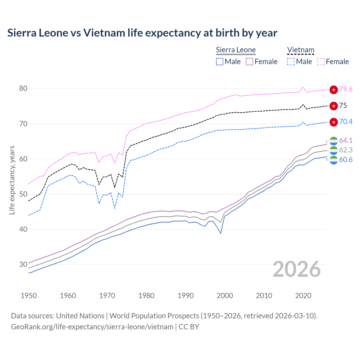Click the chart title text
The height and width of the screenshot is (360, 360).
click(142, 33)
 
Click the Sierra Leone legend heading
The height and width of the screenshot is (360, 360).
click(236, 50)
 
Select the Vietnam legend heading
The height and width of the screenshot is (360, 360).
click(300, 50)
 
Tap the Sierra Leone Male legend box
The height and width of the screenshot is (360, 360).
click(220, 62)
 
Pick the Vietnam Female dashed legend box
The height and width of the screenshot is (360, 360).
click(321, 62)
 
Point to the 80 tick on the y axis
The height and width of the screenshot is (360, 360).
click(23, 89)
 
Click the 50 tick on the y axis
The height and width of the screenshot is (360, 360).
click(23, 194)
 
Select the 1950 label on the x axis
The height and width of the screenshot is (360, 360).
click(29, 296)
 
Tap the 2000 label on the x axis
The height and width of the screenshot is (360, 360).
click(225, 296)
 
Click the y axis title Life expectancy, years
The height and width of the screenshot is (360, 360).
click(12, 180)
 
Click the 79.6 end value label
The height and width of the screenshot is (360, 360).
click(346, 89)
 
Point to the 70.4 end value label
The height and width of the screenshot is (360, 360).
click(346, 121)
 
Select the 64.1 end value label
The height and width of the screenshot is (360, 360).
click(346, 140)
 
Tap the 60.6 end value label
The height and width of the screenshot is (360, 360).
click(346, 160)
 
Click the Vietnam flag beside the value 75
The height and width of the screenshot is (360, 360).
click(334, 106)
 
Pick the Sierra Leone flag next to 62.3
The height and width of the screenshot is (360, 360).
click(334, 150)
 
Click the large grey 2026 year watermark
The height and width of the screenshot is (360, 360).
click(297, 269)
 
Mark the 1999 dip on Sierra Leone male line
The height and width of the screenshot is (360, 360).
click(221, 233)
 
